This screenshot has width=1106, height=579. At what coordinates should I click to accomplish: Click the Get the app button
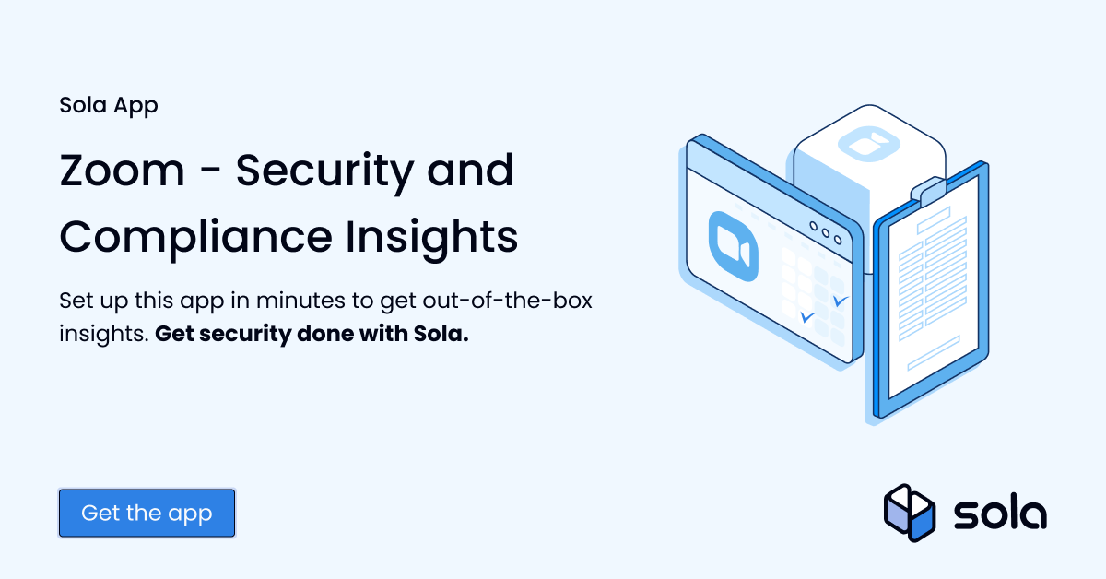tap(147, 514)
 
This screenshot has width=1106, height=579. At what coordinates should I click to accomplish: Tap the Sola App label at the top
tap(109, 105)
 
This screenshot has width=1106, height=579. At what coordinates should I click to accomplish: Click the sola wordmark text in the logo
tap(1000, 514)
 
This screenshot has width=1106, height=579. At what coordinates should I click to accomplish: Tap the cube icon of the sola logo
tap(910, 513)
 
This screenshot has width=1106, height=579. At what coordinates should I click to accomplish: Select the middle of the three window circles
tap(825, 231)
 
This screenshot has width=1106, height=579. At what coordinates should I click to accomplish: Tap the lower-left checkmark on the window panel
tap(808, 317)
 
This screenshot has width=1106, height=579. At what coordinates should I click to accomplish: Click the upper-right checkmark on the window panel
tap(840, 301)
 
